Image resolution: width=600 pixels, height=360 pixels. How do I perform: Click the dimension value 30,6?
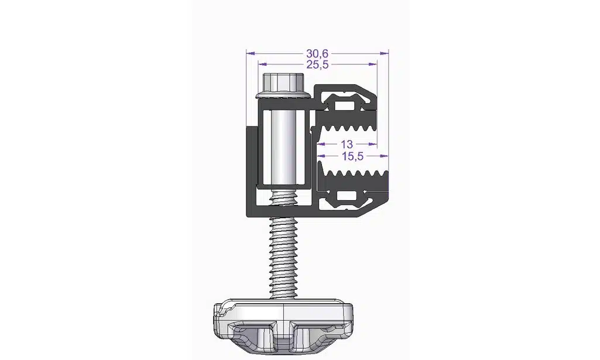click(x=317, y=53)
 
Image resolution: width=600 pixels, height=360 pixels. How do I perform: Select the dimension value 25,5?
click(x=317, y=64)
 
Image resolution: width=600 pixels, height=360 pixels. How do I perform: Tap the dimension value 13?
click(x=347, y=144)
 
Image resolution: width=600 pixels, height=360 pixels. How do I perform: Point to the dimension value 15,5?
click(x=352, y=156)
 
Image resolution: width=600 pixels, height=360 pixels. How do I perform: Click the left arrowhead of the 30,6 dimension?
click(x=251, y=53)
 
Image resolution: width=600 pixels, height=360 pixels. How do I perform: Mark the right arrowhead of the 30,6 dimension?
click(x=384, y=53)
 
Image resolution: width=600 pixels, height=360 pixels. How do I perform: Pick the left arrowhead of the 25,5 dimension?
click(x=263, y=64)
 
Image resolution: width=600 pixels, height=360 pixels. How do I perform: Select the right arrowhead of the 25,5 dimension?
click(x=372, y=64)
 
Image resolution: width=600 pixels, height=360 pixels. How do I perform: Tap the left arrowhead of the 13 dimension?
click(x=321, y=144)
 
